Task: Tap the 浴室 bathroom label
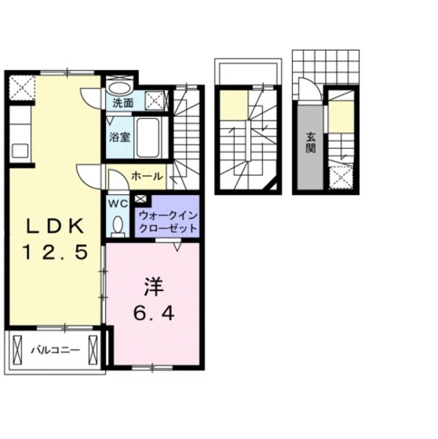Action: (x=119, y=136)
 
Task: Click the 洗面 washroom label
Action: (x=123, y=104)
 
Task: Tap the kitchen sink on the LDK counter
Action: (x=18, y=150)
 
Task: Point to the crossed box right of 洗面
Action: (x=155, y=100)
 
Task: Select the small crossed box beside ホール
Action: (x=141, y=199)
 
